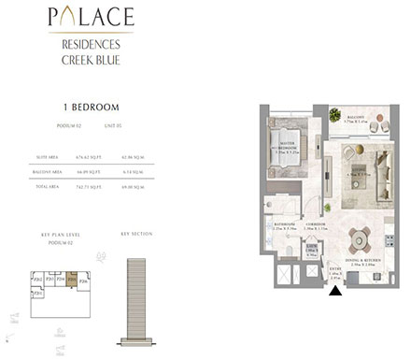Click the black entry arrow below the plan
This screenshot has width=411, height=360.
(334, 291)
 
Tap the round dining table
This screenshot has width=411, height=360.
(359, 239)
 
